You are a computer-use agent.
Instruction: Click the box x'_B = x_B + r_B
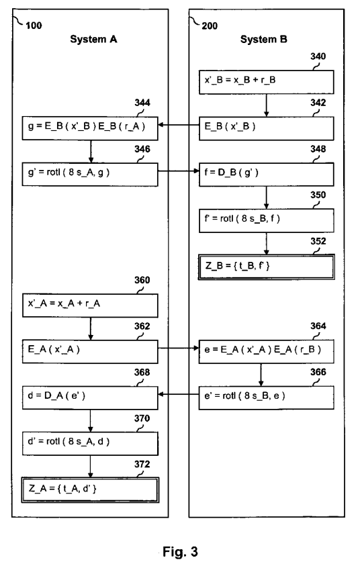(267, 81)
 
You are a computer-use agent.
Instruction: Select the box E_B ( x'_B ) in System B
(267, 126)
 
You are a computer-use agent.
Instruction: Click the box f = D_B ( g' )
(267, 171)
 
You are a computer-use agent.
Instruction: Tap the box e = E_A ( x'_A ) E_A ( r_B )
(267, 349)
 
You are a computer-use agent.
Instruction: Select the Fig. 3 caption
(180, 553)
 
